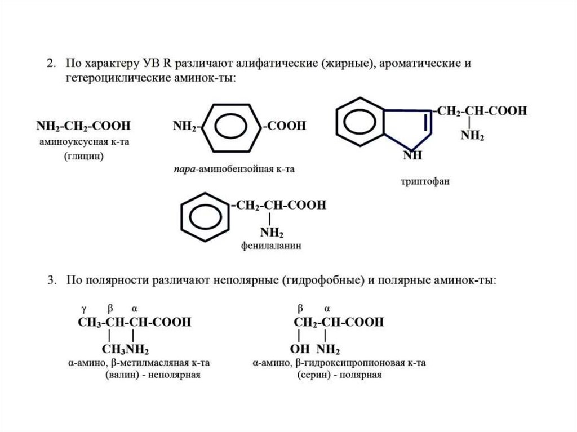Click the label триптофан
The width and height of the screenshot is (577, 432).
[425, 182]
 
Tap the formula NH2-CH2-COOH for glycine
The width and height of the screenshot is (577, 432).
[82, 126]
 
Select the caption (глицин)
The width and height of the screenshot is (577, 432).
[83, 156]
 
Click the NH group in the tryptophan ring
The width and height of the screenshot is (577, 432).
[412, 156]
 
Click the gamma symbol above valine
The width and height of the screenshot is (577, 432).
[83, 309]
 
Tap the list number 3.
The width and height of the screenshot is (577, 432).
[52, 280]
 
